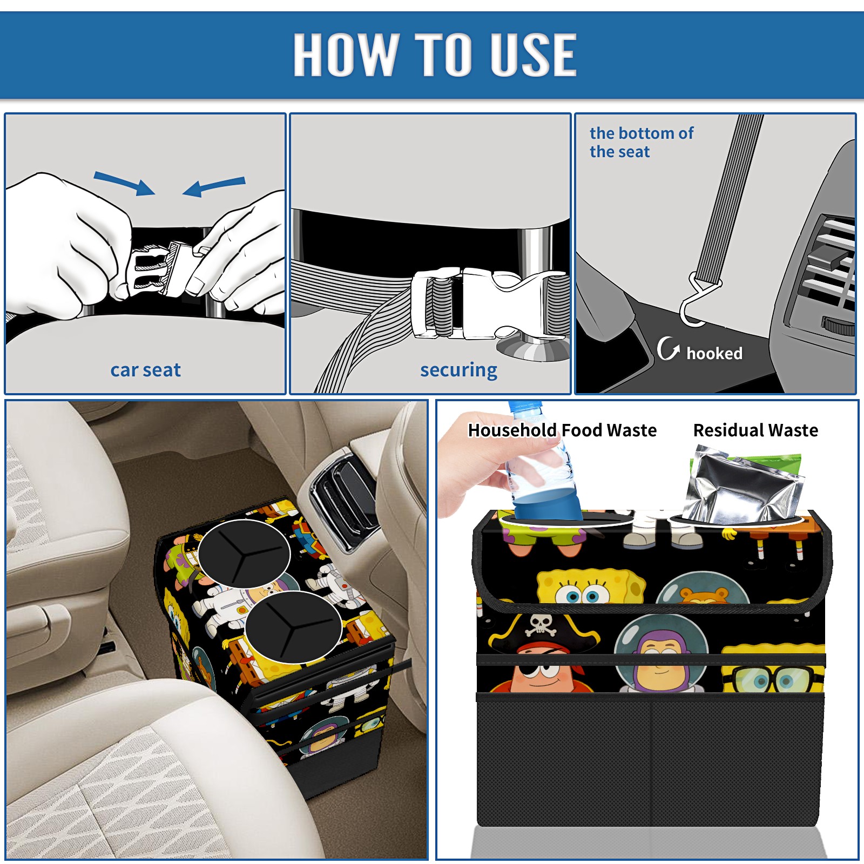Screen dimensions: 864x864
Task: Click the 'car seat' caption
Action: (x=145, y=370)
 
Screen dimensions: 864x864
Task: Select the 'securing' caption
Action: (x=458, y=370)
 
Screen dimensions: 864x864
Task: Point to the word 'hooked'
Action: (x=714, y=353)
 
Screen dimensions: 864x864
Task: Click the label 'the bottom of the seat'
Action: (x=641, y=142)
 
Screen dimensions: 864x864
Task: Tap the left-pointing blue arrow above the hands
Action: (x=214, y=186)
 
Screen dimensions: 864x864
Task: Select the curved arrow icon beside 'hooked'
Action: (x=668, y=349)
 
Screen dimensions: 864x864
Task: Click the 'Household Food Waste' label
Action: (x=562, y=430)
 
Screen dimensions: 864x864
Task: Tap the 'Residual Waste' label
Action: (x=755, y=430)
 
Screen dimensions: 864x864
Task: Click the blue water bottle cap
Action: (x=525, y=406)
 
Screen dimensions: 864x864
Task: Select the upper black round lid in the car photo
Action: (x=244, y=553)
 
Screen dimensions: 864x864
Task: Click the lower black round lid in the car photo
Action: (x=293, y=627)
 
